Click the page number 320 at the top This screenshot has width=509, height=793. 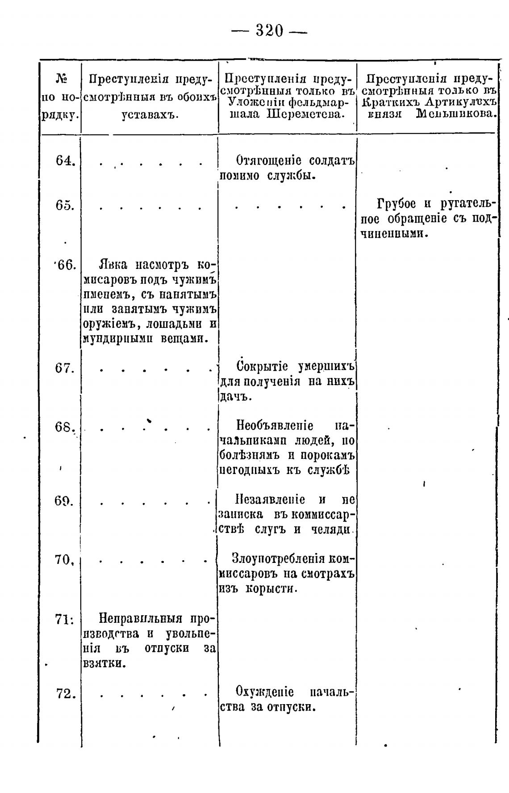[269, 31]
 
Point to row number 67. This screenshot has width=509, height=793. [65, 369]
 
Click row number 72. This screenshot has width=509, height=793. [66, 694]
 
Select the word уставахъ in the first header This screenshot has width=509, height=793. [150, 114]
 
